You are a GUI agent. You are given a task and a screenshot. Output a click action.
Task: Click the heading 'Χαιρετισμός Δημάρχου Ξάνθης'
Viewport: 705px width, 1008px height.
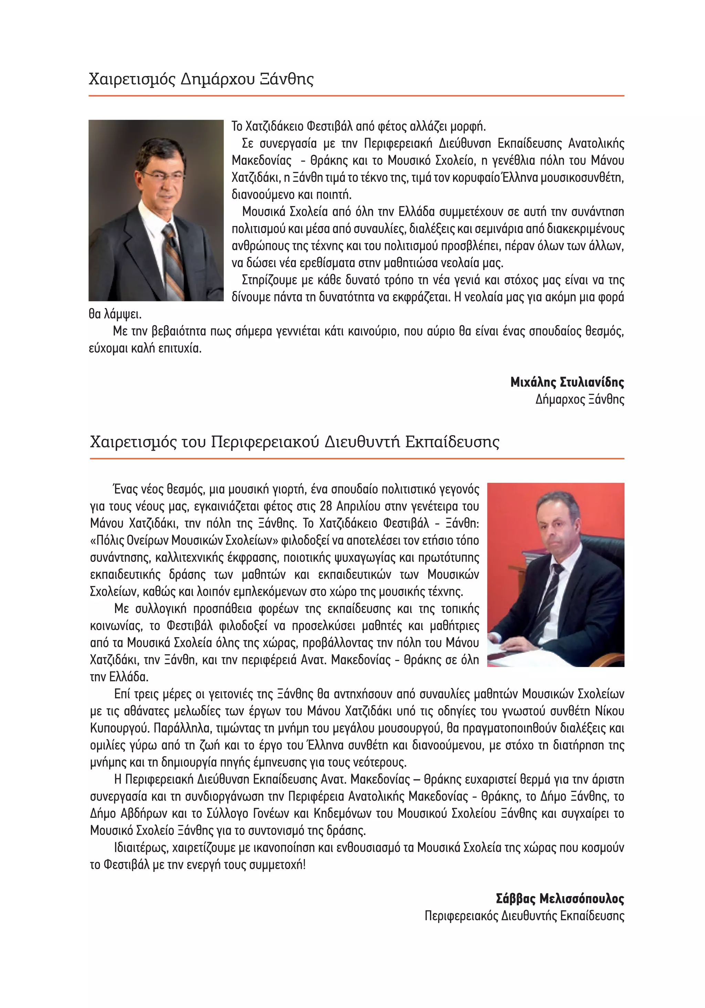tap(201, 79)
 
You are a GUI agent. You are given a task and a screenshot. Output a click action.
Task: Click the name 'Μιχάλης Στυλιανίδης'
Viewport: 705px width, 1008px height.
tap(567, 382)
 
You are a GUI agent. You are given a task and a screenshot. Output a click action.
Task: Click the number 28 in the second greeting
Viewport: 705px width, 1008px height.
tap(326, 506)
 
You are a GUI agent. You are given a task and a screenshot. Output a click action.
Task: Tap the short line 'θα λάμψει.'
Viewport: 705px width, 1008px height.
tap(115, 314)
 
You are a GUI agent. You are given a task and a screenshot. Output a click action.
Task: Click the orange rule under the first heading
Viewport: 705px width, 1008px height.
tap(356, 95)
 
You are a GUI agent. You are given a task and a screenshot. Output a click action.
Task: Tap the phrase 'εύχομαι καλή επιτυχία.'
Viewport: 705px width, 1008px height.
tap(145, 349)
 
